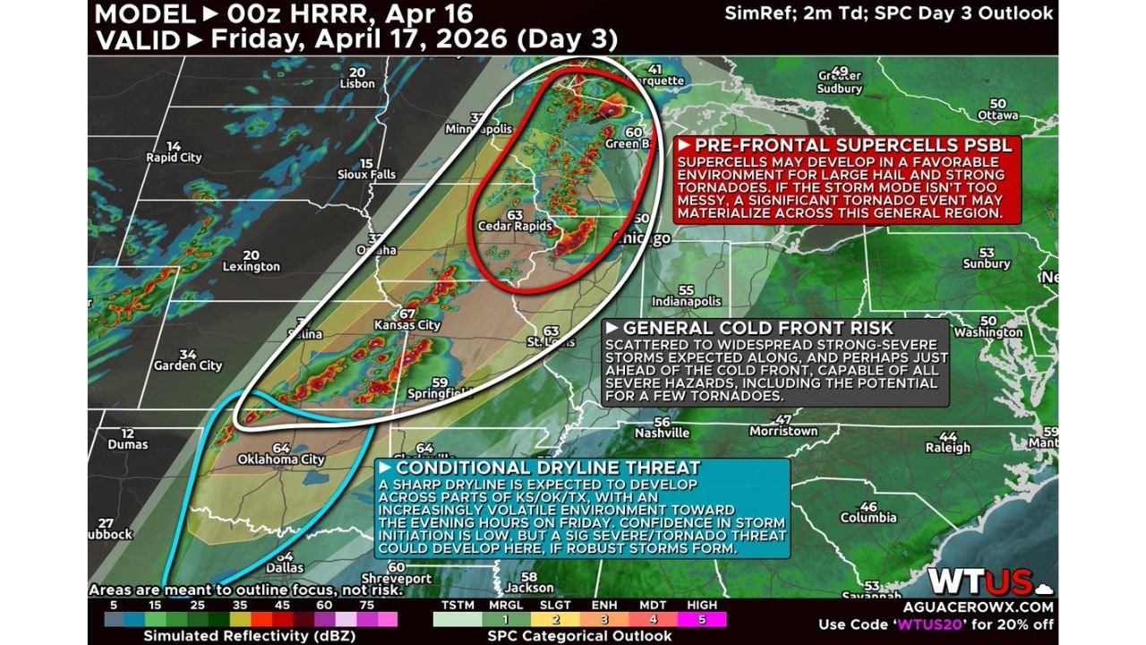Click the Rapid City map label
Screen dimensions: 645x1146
tap(174, 158)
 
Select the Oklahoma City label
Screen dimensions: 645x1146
tap(280, 460)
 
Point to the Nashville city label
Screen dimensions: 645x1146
tap(662, 433)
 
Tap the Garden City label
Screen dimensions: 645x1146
tap(187, 365)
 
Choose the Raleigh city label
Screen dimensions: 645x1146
tap(948, 447)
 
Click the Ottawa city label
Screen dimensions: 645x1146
tap(997, 116)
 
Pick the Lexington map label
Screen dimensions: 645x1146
tap(251, 266)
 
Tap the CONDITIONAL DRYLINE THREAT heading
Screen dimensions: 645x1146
tap(548, 468)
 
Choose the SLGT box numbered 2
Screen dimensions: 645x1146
tap(554, 619)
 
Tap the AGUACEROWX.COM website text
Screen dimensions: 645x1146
tap(986, 606)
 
